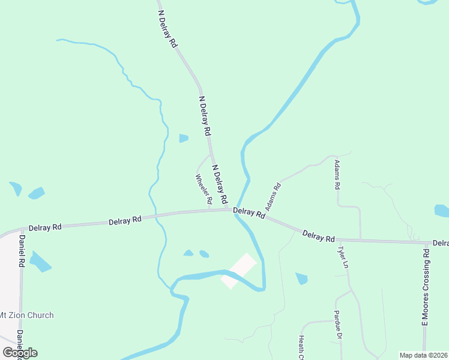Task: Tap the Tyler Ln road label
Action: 343,257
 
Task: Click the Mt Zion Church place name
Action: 26,315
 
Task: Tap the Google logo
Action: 20,353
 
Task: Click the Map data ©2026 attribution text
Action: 423,355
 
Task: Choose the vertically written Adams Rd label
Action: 337,175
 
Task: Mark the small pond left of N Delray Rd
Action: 184,139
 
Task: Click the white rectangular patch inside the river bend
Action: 239,270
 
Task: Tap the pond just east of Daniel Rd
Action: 40,262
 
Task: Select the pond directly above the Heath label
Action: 301,278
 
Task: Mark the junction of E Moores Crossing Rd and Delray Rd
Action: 425,242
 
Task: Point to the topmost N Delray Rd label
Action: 167,29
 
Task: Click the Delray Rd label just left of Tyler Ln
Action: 318,236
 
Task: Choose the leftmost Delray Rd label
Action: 44,227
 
